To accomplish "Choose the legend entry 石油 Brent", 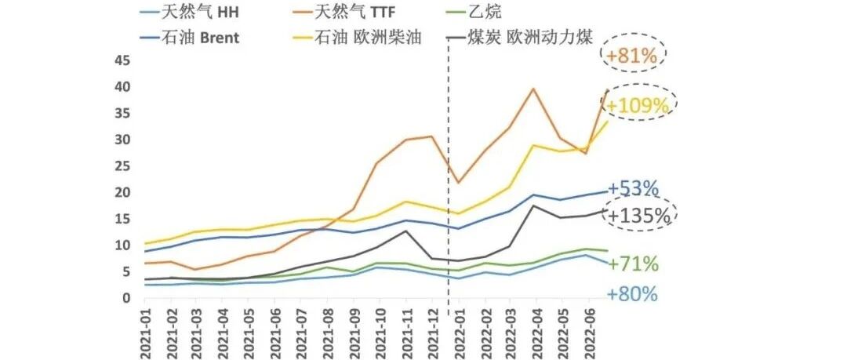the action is click(x=189, y=38).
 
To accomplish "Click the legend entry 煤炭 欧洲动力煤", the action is click(x=521, y=38).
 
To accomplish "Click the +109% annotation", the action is click(x=638, y=105).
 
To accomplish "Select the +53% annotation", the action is click(x=633, y=188).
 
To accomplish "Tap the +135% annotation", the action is click(x=640, y=216).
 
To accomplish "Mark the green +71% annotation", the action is click(x=633, y=264).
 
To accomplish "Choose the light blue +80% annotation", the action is click(x=632, y=295).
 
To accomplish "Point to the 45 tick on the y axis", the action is click(x=122, y=60).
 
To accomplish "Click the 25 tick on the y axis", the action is click(x=122, y=166).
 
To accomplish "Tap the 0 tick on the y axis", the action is click(x=127, y=298).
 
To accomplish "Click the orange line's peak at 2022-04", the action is click(x=534, y=88).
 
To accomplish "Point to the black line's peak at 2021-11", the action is click(x=405, y=231).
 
